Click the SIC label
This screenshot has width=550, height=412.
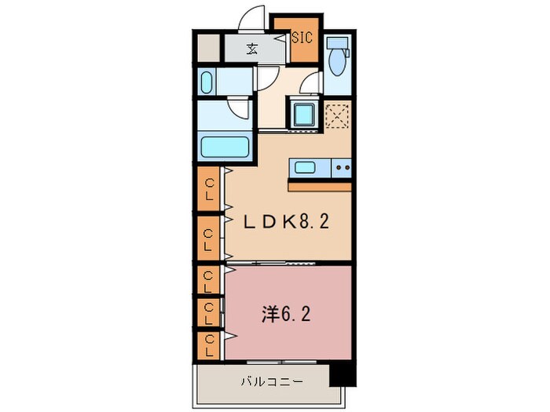[x=302, y=37]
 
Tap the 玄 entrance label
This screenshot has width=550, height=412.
[x=251, y=49]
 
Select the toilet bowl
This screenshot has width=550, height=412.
[x=338, y=63]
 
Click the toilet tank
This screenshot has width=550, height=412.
[x=338, y=44]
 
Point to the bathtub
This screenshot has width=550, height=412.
[x=225, y=146]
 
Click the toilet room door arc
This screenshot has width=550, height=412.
[x=312, y=84]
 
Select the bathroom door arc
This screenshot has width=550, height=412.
[x=239, y=107]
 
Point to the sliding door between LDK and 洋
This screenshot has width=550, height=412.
[x=287, y=263]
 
